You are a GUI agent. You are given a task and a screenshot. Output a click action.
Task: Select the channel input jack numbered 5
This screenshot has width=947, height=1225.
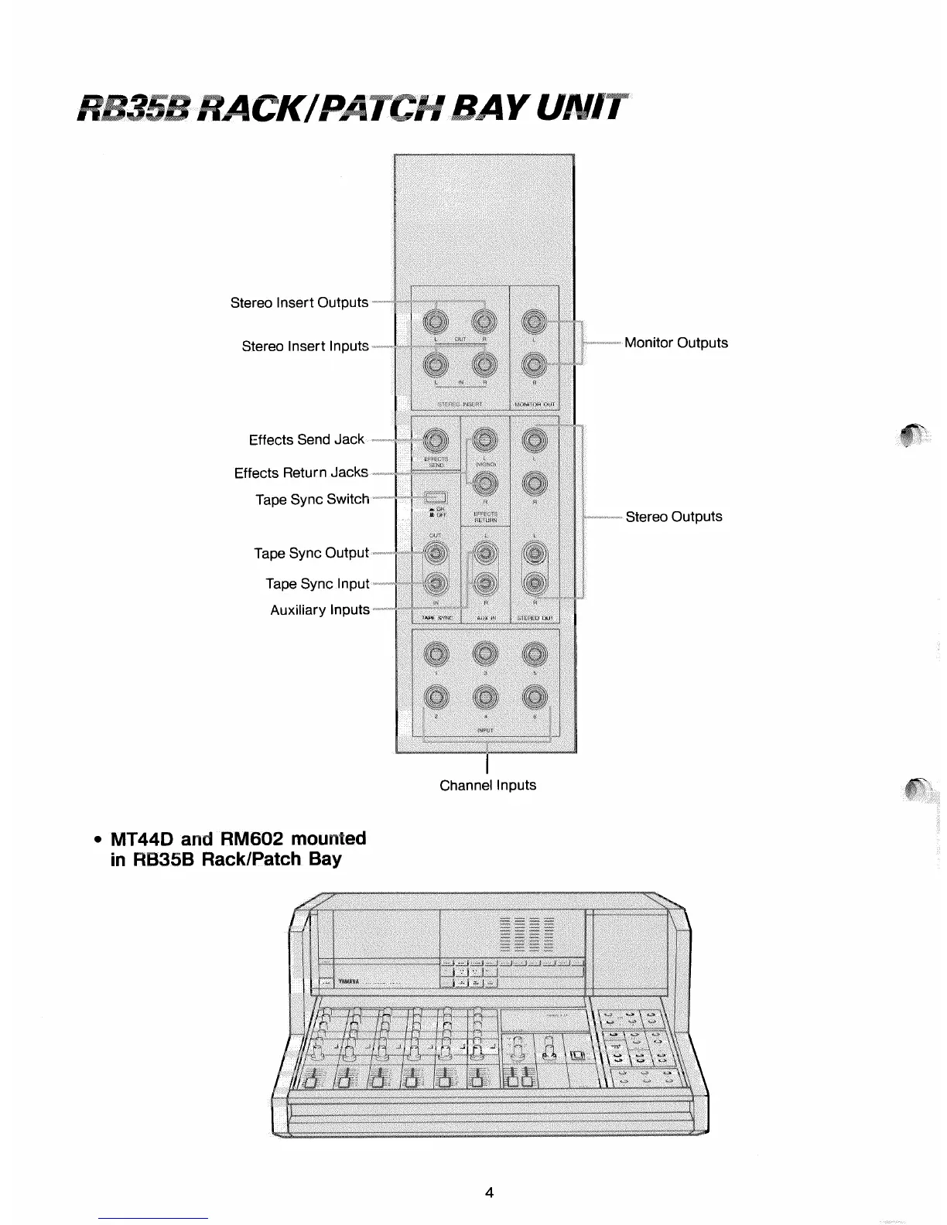pos(534,655)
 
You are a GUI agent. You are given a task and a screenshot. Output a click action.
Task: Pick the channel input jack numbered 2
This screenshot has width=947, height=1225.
pos(436,698)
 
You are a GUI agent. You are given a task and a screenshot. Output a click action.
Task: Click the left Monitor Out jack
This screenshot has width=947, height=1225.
pos(534,320)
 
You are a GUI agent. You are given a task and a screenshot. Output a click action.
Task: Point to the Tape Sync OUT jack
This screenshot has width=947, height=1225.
pos(436,553)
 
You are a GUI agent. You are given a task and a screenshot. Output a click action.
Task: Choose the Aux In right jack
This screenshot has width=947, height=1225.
pos(485,584)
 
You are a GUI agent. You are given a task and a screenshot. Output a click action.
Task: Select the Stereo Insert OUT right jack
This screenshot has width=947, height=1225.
pos(485,320)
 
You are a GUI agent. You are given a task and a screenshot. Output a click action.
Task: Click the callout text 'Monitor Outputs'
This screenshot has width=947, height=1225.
pos(675,343)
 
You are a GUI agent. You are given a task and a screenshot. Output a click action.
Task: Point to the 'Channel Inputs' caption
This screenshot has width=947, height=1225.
pos(487,785)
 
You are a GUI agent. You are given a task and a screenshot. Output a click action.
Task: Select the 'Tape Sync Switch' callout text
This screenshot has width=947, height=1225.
pos(313,500)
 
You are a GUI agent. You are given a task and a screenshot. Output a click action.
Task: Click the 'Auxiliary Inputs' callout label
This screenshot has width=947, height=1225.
pos(320,610)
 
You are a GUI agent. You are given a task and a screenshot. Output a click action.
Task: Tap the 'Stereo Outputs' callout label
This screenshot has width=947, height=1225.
pos(673,517)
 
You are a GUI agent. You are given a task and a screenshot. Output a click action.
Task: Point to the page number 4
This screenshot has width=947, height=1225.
pos(488,1192)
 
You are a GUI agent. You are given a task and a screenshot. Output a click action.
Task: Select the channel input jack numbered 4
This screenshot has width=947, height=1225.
pos(485,698)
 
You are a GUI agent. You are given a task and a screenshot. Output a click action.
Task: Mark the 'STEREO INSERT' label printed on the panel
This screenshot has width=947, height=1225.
pos(460,404)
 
